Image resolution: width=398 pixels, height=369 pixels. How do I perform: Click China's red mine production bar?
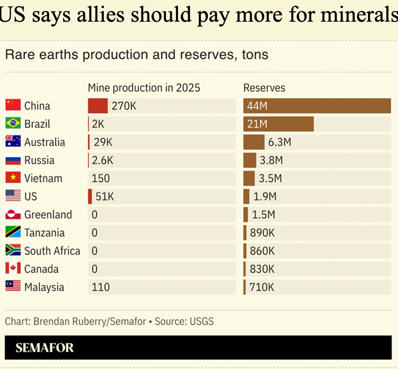pyautogui.click(x=98, y=106)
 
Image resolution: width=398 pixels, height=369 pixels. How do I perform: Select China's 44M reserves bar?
pyautogui.click(x=317, y=106)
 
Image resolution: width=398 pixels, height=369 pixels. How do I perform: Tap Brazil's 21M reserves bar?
pyautogui.click(x=278, y=123)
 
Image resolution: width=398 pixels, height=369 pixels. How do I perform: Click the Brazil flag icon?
pyautogui.click(x=13, y=123)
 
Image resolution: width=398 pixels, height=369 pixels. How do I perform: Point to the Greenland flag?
pyautogui.click(x=13, y=214)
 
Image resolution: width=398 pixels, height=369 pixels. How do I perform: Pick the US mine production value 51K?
pyautogui.click(x=105, y=197)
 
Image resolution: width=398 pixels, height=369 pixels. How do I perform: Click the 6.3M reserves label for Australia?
pyautogui.click(x=279, y=142)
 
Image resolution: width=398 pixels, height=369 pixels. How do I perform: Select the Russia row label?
pyautogui.click(x=40, y=160)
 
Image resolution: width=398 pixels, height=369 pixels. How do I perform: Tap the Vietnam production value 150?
pyautogui.click(x=101, y=178)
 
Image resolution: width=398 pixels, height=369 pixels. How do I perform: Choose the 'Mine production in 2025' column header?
pyautogui.click(x=144, y=88)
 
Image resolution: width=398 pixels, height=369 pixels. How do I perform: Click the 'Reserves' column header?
pyautogui.click(x=264, y=88)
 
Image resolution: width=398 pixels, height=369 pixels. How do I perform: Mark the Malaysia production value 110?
pyautogui.click(x=101, y=287)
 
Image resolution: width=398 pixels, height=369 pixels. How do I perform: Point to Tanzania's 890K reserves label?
pyautogui.click(x=262, y=233)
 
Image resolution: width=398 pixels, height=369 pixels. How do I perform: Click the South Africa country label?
pyautogui.click(x=52, y=251)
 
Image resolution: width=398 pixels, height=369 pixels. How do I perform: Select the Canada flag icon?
pyautogui.click(x=13, y=268)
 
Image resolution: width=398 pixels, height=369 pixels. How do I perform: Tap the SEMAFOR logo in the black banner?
pyautogui.click(x=45, y=347)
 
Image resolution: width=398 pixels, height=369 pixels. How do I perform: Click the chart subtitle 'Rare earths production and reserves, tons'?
pyautogui.click(x=136, y=55)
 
